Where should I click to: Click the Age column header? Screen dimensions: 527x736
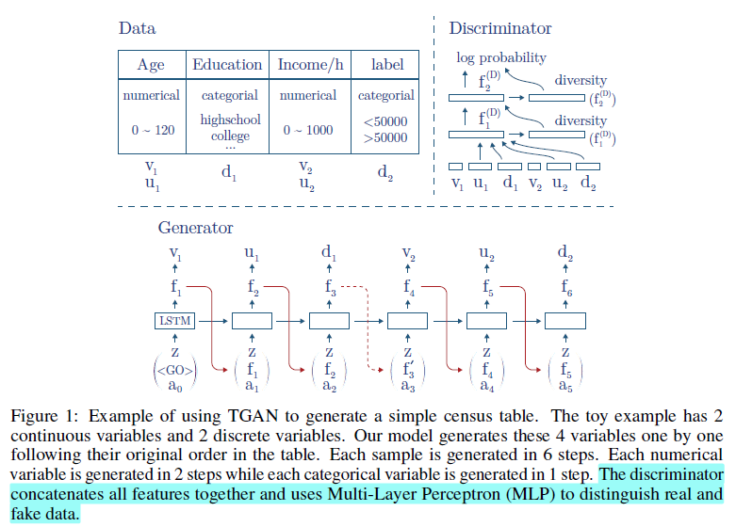coord(151,65)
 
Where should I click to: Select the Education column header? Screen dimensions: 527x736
coord(227,65)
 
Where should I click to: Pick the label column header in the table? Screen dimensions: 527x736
coord(387,65)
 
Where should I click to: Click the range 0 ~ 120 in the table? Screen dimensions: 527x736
coord(151,130)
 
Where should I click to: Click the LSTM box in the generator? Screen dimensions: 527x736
coord(173,322)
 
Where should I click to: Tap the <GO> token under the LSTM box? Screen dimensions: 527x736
coord(174,369)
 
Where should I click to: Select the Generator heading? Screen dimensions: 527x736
coord(195,228)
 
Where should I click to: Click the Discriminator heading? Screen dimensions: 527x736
coord(500,28)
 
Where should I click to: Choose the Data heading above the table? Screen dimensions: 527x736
coord(137,28)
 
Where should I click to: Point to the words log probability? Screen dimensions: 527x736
coord(500,58)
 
